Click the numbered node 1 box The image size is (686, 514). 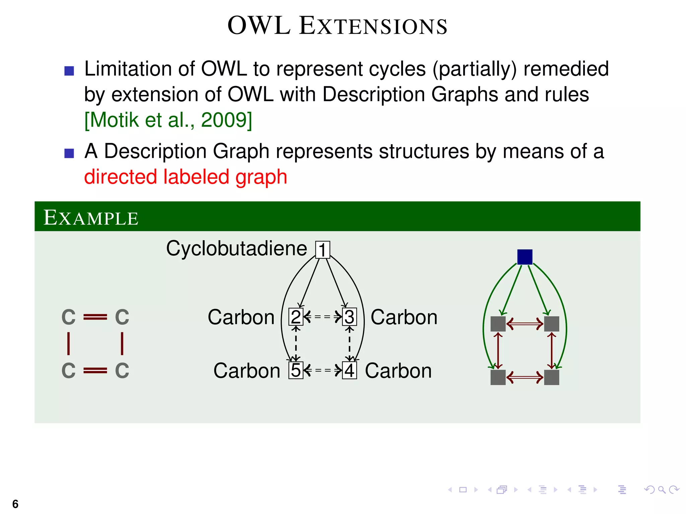coord(323,250)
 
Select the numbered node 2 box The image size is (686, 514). coord(296,317)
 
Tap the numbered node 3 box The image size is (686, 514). coord(349,317)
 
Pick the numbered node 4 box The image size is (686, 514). coord(349,370)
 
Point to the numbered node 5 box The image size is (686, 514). coord(296,370)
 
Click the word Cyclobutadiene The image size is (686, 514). coord(236,249)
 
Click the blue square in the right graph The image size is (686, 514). coord(525,257)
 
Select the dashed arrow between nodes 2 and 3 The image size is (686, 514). coord(323,316)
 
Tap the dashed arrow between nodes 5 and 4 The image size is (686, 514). coord(323,370)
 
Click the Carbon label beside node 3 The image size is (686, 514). coord(404,317)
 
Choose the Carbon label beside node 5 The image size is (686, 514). coord(247,371)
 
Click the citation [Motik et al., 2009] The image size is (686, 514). coord(168,120)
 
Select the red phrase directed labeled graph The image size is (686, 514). coord(186,177)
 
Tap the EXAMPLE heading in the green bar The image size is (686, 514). coord(91,218)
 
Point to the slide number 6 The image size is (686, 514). coord(15,504)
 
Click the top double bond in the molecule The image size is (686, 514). coord(95,317)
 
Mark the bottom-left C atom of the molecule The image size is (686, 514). coord(69,370)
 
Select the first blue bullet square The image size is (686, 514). coord(69,71)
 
